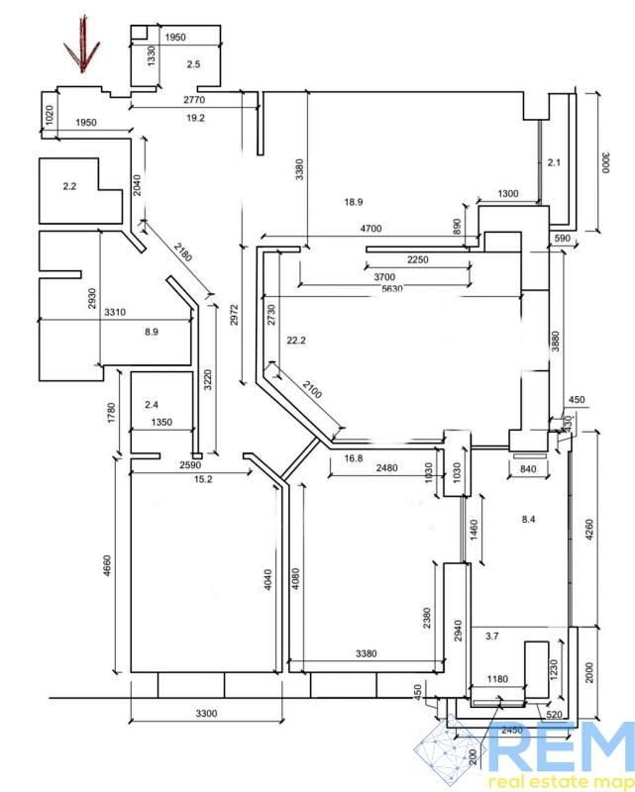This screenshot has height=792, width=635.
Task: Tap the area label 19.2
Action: (x=194, y=118)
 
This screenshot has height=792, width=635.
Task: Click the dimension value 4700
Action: (x=370, y=229)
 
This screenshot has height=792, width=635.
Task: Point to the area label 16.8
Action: (x=355, y=458)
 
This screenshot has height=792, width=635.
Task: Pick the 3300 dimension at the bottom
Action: (x=205, y=714)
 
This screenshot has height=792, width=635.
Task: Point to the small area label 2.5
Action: (x=193, y=64)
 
